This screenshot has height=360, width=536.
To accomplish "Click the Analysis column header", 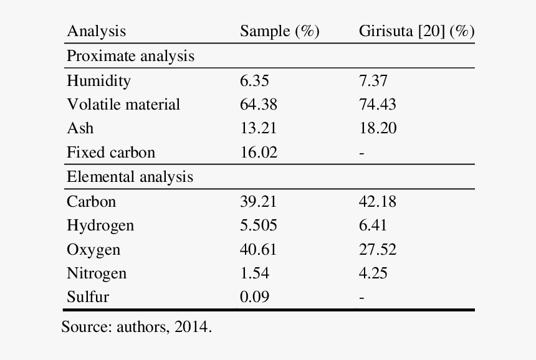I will pyautogui.click(x=96, y=32).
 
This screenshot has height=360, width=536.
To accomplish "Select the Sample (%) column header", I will pyautogui.click(x=279, y=32).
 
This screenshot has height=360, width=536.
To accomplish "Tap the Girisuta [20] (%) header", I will pyautogui.click(x=416, y=32).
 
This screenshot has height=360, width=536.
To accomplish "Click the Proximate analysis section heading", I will pyautogui.click(x=130, y=56).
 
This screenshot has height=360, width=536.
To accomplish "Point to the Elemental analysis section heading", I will pyautogui.click(x=130, y=177).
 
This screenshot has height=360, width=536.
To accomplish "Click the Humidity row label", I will pyautogui.click(x=98, y=80).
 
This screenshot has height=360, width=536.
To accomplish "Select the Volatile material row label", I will pyautogui.click(x=123, y=104).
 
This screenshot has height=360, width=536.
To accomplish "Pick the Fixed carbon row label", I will pyautogui.click(x=111, y=153).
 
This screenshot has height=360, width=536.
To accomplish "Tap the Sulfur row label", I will pyautogui.click(x=87, y=297).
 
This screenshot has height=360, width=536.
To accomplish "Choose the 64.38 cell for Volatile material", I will pyautogui.click(x=259, y=104).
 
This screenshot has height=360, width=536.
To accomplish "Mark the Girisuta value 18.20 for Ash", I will pyautogui.click(x=377, y=128).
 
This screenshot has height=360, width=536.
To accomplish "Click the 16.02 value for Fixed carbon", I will pyautogui.click(x=259, y=153).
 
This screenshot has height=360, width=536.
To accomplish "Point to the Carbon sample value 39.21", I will pyautogui.click(x=259, y=201).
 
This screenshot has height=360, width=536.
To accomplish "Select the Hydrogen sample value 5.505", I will pyautogui.click(x=259, y=225).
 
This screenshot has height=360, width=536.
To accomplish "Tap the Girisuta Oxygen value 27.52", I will pyautogui.click(x=377, y=250).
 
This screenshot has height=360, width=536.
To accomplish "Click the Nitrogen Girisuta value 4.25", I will pyautogui.click(x=373, y=273).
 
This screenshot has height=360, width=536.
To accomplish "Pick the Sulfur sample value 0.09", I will pyautogui.click(x=254, y=297).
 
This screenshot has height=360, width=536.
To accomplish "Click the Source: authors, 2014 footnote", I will pyautogui.click(x=136, y=326).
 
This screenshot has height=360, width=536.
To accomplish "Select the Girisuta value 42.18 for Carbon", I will pyautogui.click(x=377, y=201).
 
